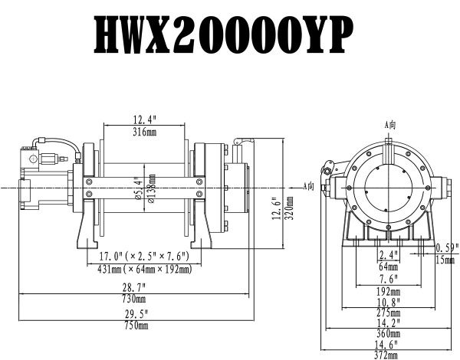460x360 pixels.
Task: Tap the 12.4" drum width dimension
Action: [144, 120]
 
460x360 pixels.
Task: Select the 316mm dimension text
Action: [144, 132]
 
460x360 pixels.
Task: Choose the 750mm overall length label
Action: [134, 326]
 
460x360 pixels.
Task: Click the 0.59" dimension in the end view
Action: [446, 247]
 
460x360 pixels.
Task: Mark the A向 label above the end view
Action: [389, 124]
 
